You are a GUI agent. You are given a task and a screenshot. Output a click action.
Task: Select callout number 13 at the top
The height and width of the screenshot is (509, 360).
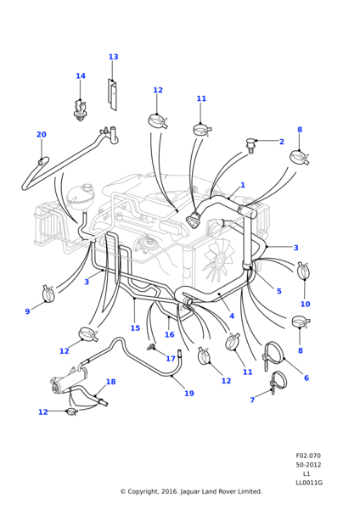pos(113,57)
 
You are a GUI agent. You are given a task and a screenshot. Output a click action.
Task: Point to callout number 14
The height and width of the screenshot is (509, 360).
pos(81,76)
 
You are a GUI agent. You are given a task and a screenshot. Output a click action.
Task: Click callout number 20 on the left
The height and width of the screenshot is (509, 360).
pos(41,135)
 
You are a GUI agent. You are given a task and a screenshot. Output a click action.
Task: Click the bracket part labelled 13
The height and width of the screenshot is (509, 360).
pos(112,95)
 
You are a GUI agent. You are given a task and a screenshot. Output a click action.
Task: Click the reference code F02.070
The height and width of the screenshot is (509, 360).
pos(308,456)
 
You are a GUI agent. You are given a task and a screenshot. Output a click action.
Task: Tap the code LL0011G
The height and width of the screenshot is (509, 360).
pos(308,483)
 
